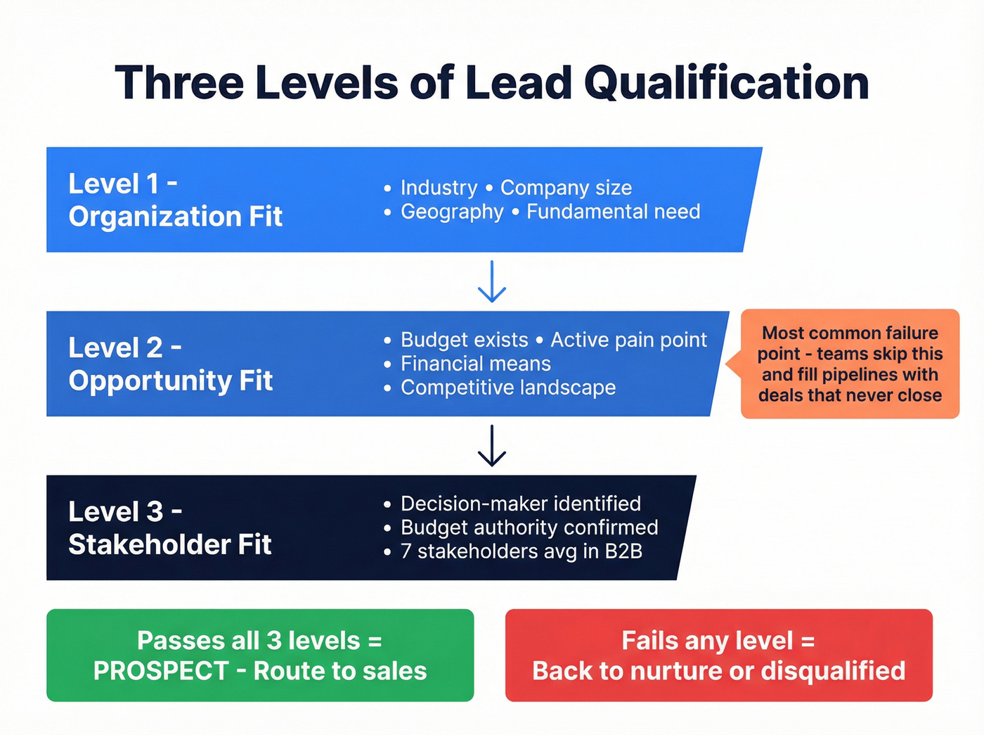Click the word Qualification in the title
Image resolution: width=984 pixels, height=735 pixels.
(x=726, y=83)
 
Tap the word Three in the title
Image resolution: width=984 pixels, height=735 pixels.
(x=179, y=83)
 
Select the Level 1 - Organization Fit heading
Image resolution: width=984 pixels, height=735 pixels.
(x=175, y=200)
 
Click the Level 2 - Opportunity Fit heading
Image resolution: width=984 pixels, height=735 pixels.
(x=170, y=364)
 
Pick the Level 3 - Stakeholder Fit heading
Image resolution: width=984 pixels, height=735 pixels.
(x=169, y=528)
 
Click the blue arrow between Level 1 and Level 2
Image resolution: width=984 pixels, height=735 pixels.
(x=492, y=281)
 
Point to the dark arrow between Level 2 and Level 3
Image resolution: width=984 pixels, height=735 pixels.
(x=492, y=445)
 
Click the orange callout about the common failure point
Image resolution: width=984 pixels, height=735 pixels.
(x=850, y=364)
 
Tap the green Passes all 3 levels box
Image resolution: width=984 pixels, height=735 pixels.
(x=260, y=655)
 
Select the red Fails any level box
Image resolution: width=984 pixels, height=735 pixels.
(x=718, y=655)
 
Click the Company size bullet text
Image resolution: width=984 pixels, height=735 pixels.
(x=566, y=188)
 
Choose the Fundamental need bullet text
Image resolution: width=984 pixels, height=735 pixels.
(x=613, y=212)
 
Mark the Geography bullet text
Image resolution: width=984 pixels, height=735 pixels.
(x=452, y=212)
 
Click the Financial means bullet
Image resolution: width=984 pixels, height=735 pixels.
(x=476, y=364)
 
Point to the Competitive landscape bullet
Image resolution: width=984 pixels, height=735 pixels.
(x=508, y=388)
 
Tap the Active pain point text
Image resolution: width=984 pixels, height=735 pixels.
(x=628, y=340)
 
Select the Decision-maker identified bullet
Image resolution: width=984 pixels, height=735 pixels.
(x=520, y=504)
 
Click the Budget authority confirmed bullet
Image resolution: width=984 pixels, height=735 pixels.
(x=529, y=528)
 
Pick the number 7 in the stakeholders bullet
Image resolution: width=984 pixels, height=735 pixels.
(x=406, y=551)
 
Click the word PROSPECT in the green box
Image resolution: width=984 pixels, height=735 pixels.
(x=161, y=671)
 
